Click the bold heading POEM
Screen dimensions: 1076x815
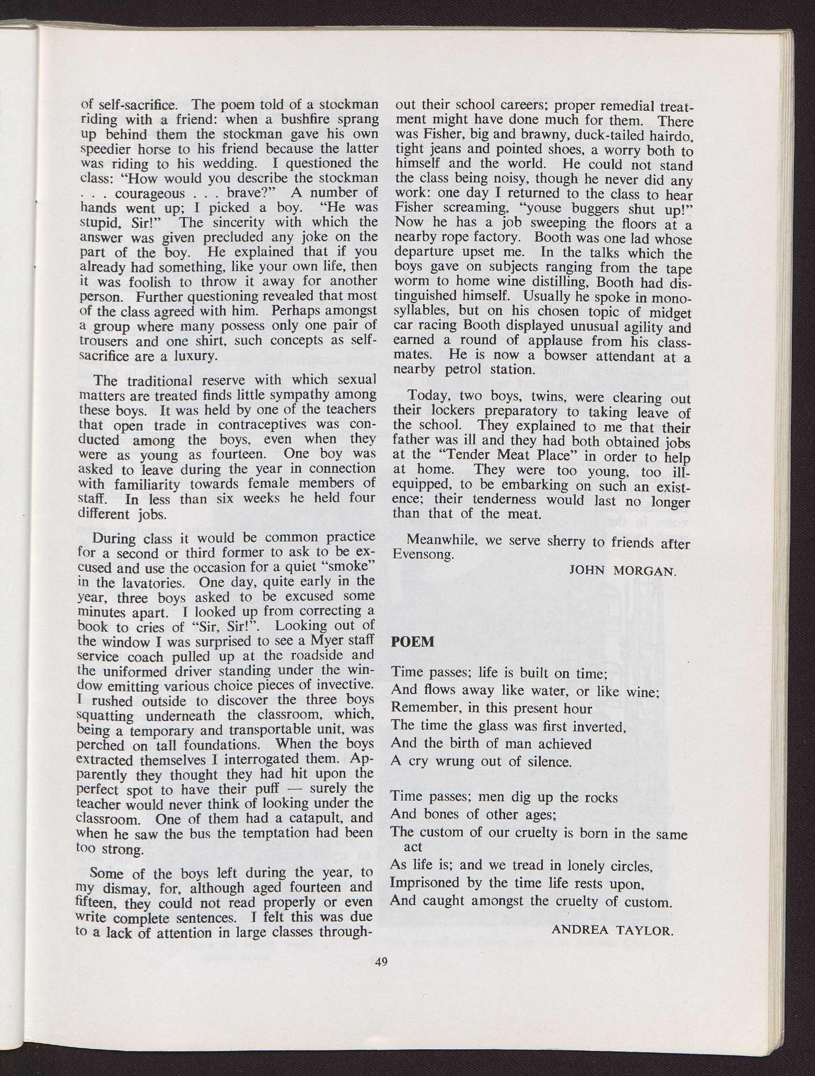(413, 642)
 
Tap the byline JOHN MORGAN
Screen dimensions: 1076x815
(622, 570)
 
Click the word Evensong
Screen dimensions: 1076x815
(423, 555)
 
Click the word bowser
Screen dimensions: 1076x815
(581, 357)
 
